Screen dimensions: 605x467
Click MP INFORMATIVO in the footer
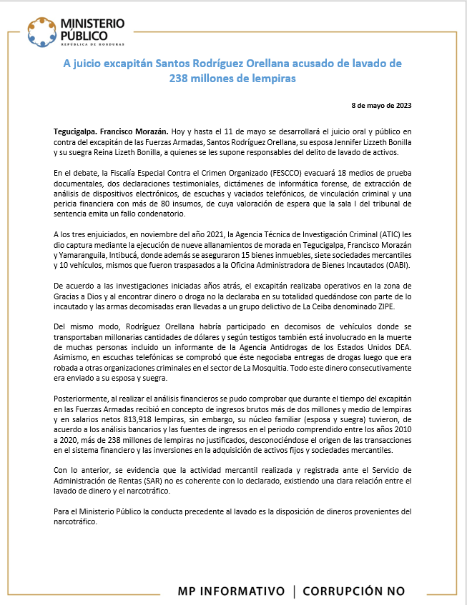click(231, 591)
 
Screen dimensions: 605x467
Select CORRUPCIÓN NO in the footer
click(353, 591)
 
